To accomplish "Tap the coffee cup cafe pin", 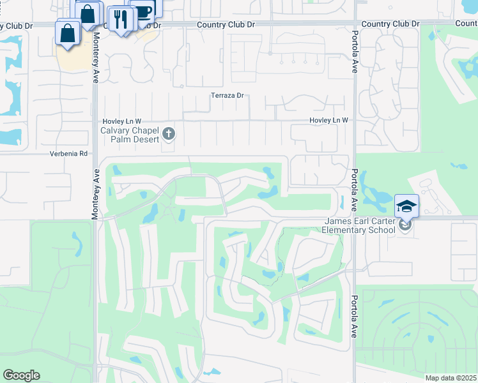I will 144,10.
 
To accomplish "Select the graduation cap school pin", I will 406,206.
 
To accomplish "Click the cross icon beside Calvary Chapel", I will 169,133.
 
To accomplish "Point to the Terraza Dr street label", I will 228,96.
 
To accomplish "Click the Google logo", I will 21,375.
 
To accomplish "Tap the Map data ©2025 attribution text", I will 451,378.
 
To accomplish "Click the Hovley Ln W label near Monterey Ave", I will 121,121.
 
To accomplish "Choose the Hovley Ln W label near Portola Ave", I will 328,120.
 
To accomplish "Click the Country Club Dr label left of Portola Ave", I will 390,24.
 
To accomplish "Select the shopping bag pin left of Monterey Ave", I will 68,33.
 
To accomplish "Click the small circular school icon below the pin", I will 404,224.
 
